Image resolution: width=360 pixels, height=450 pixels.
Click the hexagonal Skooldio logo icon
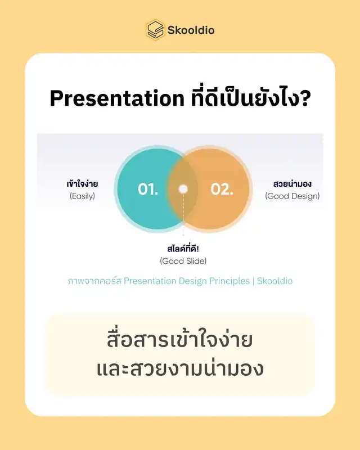tap(155, 30)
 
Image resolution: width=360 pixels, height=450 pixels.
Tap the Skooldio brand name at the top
tap(191, 30)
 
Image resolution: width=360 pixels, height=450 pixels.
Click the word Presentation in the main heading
tap(117, 98)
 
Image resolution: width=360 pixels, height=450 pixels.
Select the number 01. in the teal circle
tap(148, 190)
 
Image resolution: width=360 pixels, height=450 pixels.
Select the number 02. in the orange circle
tap(222, 190)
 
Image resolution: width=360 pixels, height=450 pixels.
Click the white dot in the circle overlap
tap(183, 189)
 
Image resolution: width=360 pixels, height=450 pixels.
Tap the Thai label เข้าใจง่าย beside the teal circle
tap(82, 183)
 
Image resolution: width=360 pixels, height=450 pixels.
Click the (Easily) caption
tap(82, 196)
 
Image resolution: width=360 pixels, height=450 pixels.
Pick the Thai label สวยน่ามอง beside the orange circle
tap(292, 183)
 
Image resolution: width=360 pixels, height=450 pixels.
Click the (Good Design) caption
tap(292, 196)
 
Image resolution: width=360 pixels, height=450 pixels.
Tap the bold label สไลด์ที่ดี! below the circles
tap(183, 249)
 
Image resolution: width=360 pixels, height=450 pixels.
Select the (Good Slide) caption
tap(183, 261)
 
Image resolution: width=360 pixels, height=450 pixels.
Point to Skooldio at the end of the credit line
tap(274, 281)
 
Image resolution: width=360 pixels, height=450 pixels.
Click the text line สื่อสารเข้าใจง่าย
tap(180, 340)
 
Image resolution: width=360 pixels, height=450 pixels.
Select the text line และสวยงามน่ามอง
tap(180, 369)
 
